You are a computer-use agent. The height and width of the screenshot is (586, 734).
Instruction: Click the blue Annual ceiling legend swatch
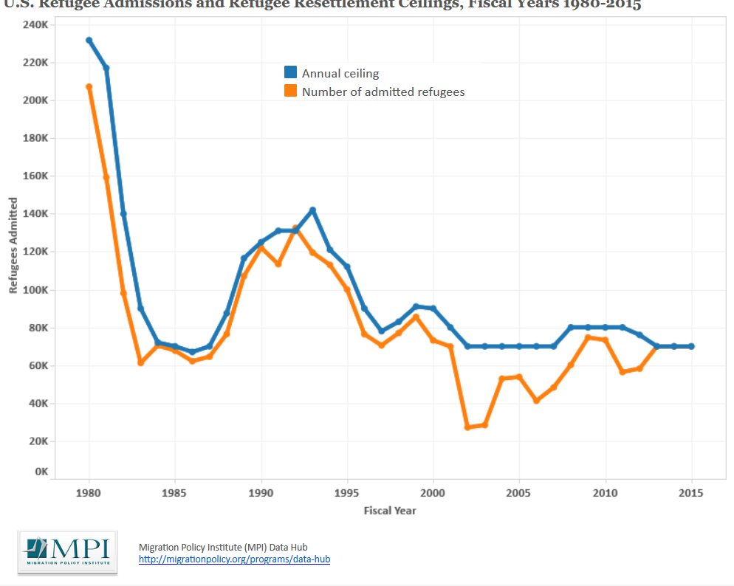291,72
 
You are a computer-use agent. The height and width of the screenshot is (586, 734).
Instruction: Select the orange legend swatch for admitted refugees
291,92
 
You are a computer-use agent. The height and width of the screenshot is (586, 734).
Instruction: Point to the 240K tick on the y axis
35,24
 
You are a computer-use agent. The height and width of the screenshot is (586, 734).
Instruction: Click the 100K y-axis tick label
35,289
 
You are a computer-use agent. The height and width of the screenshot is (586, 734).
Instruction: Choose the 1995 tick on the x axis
346,492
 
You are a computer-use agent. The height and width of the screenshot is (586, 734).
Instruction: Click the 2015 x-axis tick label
691,492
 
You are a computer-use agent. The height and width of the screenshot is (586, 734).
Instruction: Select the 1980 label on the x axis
89,492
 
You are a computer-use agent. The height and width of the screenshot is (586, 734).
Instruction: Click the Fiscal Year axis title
389,510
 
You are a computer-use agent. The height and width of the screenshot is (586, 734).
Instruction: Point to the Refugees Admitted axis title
13,245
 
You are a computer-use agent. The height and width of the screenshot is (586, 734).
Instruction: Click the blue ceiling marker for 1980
89,41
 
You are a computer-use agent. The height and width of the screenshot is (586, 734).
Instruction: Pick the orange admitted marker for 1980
89,86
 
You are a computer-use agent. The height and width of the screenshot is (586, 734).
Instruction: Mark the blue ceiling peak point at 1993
312,210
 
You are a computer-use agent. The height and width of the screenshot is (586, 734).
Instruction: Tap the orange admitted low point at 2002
467,427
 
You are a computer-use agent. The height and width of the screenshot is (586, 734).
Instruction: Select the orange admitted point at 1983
140,362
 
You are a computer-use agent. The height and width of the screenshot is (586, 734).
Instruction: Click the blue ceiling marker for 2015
691,346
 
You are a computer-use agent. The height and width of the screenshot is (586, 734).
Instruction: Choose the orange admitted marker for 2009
588,337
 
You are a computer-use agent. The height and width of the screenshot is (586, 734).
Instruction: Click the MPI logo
67,551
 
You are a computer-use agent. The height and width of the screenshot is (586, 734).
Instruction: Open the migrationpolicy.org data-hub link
234,559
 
